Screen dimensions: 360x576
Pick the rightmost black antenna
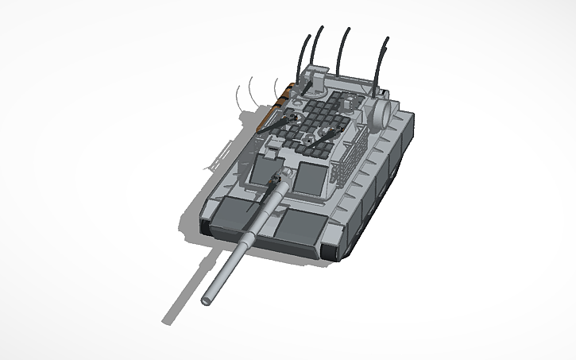pos(385,61)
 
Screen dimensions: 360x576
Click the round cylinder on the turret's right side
pos(382,114)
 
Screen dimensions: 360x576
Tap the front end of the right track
pos(333,253)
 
